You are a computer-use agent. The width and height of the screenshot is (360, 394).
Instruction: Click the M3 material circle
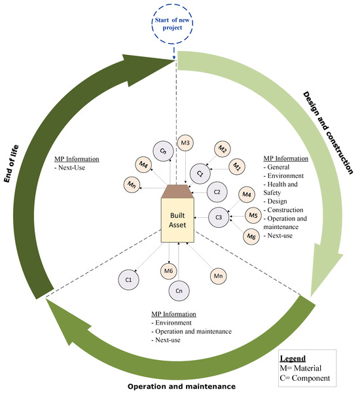[185, 143]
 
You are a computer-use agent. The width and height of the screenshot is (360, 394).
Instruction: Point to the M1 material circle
[238, 167]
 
